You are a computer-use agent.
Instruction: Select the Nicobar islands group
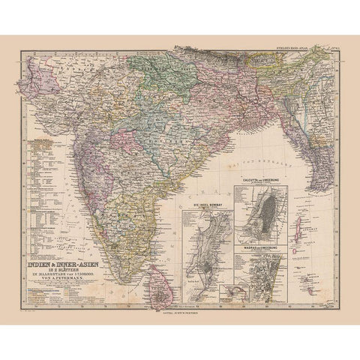(x=303, y=274)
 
